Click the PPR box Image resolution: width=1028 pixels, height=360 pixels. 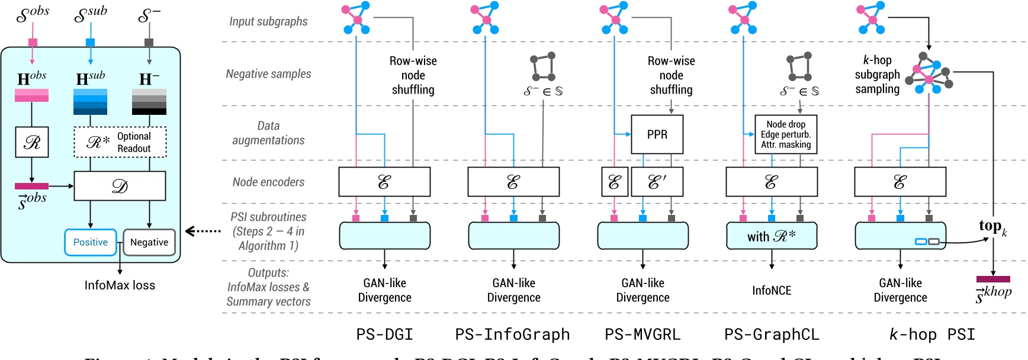657,134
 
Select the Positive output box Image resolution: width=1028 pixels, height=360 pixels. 91,242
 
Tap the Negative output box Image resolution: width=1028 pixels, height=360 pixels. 149,242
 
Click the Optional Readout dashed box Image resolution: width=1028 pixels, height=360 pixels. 120,142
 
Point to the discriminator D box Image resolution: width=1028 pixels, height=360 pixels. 120,187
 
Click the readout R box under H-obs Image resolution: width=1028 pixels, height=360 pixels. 32,142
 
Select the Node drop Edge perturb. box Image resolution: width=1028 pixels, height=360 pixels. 786,134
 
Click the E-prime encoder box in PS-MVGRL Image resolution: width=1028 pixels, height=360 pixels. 657,182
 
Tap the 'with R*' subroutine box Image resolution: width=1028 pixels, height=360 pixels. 771,236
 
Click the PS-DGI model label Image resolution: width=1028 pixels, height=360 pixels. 384,335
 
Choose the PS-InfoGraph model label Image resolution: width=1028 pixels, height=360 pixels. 512,335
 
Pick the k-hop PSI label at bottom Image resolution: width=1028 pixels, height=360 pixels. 932,335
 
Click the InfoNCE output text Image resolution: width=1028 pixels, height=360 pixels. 772,290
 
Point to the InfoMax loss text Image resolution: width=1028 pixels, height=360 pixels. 120,285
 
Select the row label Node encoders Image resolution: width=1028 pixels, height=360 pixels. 268,182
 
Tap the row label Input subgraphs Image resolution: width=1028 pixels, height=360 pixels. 268,21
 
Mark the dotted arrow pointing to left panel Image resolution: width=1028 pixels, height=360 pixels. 203,231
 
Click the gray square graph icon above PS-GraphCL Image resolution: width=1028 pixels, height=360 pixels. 799,67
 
